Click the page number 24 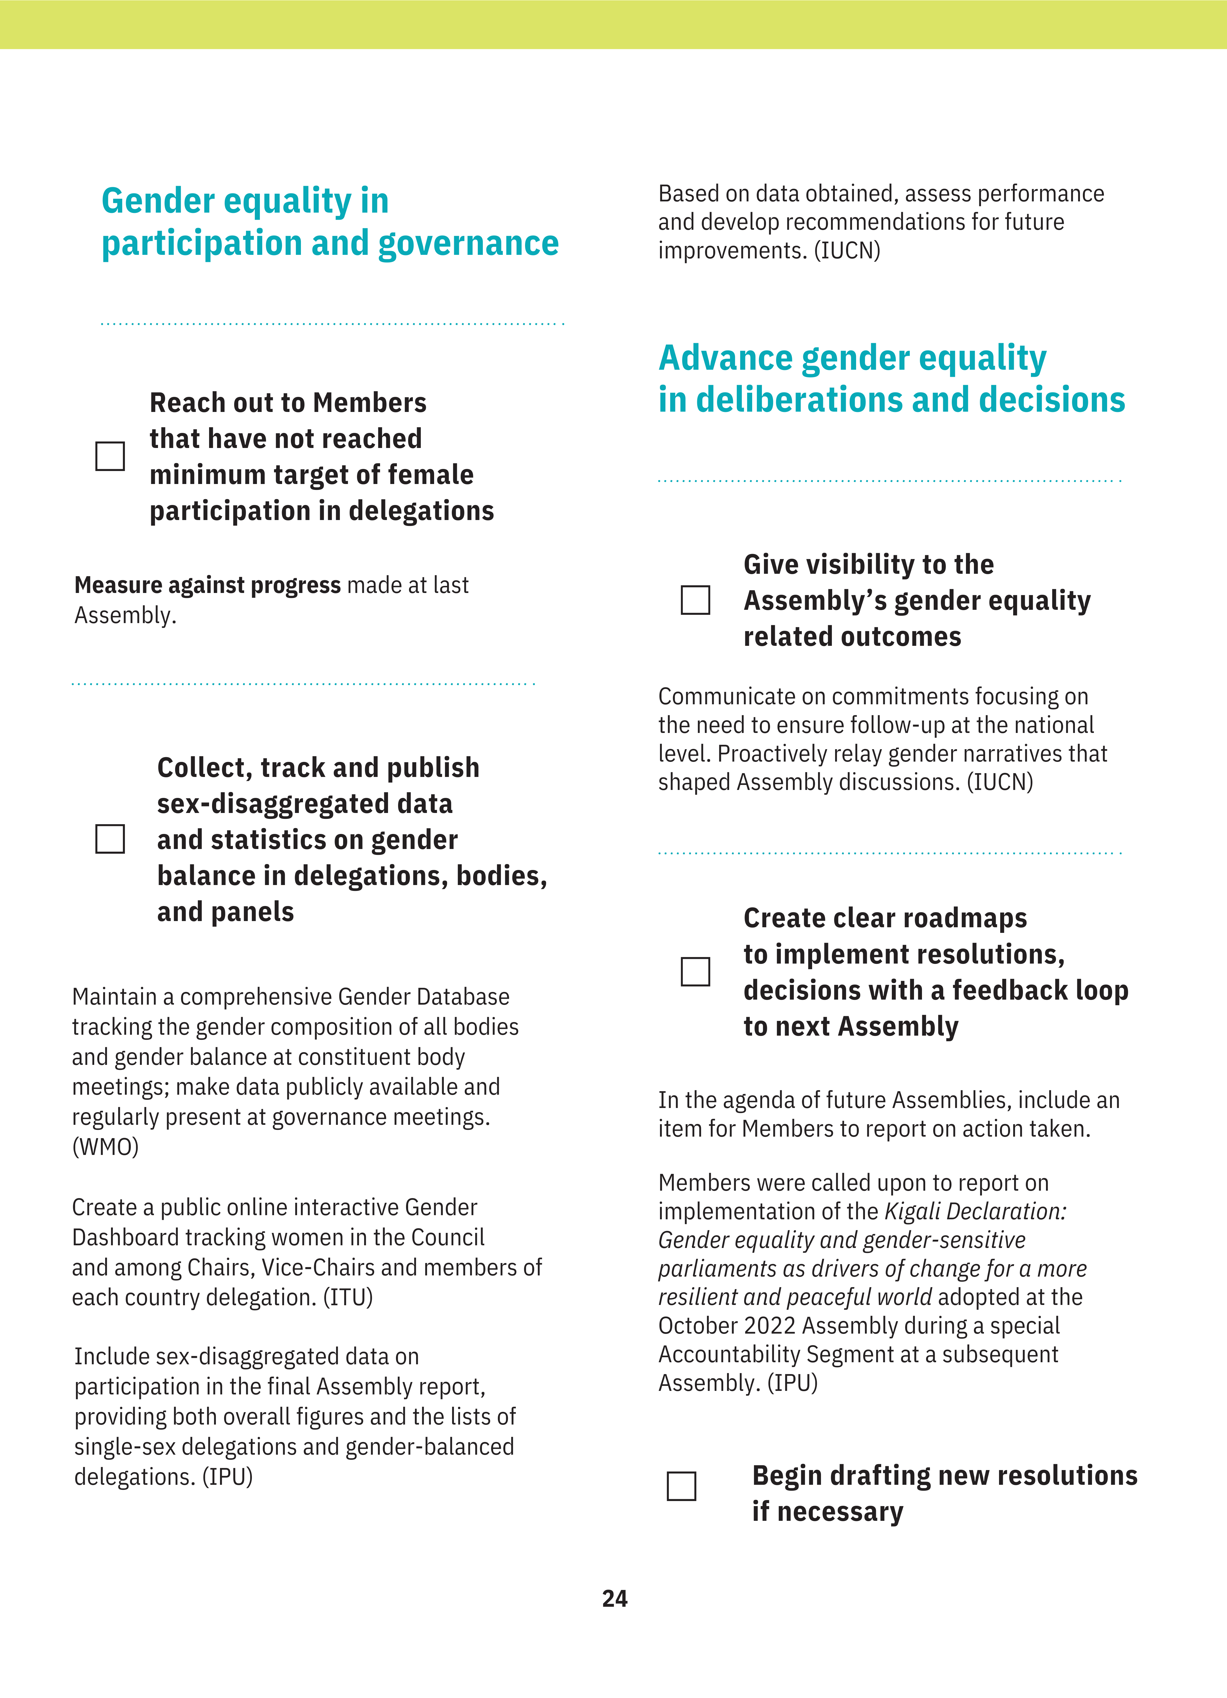pos(615,1598)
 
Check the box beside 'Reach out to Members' pos(110,456)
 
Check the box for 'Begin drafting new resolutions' pos(681,1486)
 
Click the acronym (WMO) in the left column pos(105,1147)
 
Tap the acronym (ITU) pos(348,1298)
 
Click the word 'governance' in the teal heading pos(469,243)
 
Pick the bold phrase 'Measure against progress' pos(207,585)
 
